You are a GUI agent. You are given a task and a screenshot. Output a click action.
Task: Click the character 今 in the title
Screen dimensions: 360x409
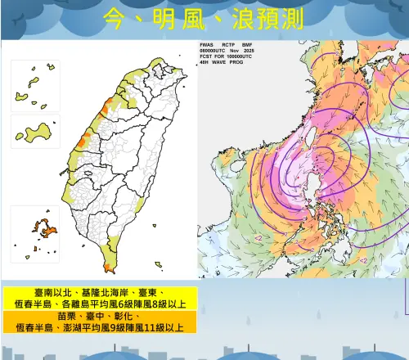click(119, 18)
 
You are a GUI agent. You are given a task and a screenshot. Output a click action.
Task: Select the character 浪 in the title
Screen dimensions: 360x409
click(243, 18)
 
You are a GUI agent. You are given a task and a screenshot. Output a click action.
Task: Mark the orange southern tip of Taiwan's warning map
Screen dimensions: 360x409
click(110, 266)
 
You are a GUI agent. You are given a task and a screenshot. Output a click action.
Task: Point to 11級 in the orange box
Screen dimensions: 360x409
click(156, 327)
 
